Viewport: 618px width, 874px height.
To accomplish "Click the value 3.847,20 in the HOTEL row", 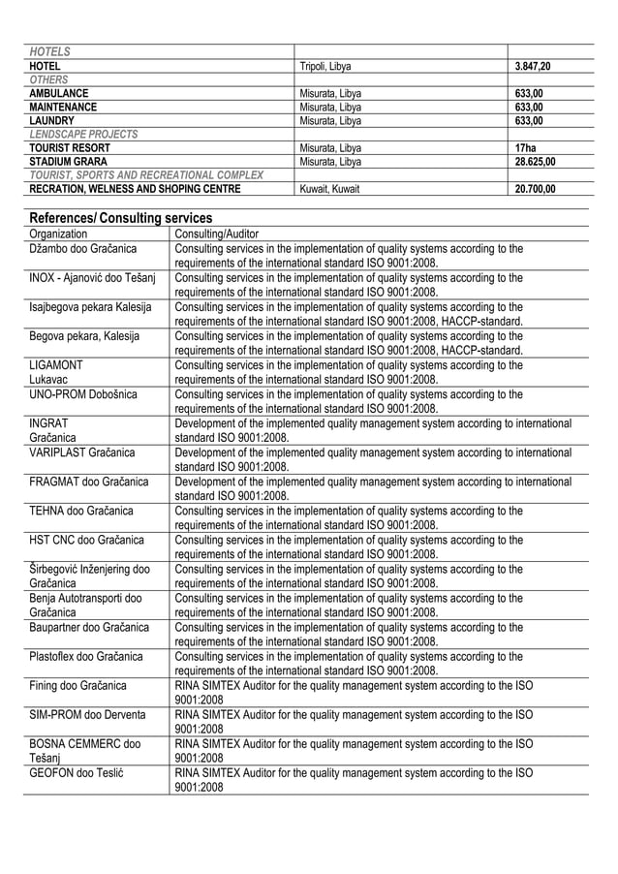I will coord(535,66).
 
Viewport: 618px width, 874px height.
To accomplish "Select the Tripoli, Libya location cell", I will coord(325,66).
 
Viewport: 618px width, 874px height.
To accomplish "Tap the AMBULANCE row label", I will coord(59,94).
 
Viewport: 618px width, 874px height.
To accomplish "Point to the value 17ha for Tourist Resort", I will coord(524,148).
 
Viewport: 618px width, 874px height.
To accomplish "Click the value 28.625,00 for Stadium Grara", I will coord(535,162).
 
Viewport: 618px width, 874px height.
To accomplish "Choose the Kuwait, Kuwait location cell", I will coord(329,189).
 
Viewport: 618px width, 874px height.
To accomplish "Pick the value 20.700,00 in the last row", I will coord(535,189).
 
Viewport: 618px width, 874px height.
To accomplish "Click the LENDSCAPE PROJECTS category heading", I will coord(83,135).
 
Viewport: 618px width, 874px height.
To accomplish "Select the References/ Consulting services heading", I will coord(120,218).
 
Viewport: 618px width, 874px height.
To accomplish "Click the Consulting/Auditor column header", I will coord(217,234).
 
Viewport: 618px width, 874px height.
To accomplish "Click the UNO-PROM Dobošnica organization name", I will coord(83,393).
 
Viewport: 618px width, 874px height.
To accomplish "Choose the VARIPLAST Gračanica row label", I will coord(82,452).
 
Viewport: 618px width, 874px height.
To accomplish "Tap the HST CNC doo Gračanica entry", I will coord(86,539).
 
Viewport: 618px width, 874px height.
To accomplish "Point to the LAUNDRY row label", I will coord(51,121).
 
